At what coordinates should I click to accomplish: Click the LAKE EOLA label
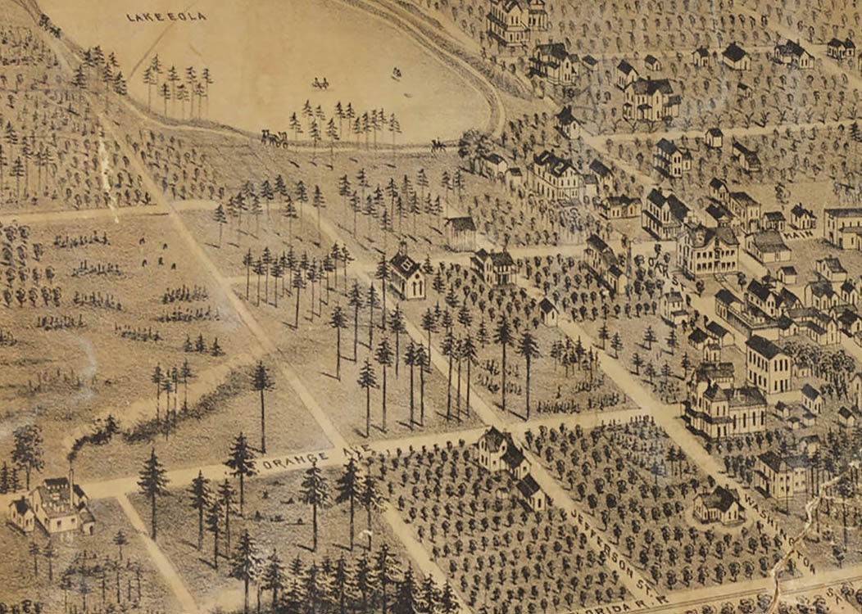click(x=166, y=16)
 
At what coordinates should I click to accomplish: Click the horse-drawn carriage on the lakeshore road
click(x=274, y=138)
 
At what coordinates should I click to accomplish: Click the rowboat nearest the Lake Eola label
click(x=320, y=84)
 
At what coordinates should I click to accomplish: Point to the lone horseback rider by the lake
click(x=438, y=146)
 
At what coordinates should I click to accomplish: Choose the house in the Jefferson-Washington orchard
click(x=719, y=503)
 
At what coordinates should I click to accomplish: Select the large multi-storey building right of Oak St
click(x=707, y=250)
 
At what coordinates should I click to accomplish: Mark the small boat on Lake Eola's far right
click(x=397, y=74)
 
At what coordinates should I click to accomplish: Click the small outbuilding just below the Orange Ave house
click(x=529, y=491)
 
